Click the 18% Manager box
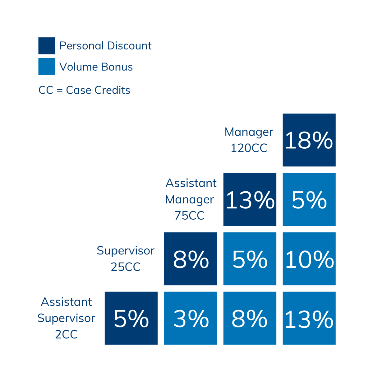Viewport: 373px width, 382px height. coord(309,140)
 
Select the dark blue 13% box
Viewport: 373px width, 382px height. coord(250,199)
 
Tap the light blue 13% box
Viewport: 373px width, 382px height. coord(309,318)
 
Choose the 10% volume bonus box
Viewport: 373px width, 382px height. coord(309,259)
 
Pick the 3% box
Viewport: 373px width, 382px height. coord(191,318)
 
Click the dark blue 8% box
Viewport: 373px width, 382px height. coord(191,259)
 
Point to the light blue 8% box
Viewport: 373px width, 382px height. coord(250,318)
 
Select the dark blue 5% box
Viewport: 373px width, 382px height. coord(131,318)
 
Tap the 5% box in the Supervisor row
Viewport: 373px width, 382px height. coord(250,259)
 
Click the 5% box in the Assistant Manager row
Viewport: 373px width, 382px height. coord(309,199)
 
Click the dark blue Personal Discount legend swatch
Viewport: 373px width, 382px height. coord(47,46)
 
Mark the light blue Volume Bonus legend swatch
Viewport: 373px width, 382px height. coord(47,66)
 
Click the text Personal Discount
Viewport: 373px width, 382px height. coord(105,46)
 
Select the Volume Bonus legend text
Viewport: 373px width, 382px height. coord(96,67)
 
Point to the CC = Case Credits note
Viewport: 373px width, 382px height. coord(84,90)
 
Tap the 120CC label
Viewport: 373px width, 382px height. coord(249,148)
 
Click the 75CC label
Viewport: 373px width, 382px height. coord(189,215)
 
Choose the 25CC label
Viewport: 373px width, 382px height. coord(126,267)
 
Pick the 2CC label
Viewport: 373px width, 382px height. coord(66,334)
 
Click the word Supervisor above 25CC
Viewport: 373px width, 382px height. coord(126,251)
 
